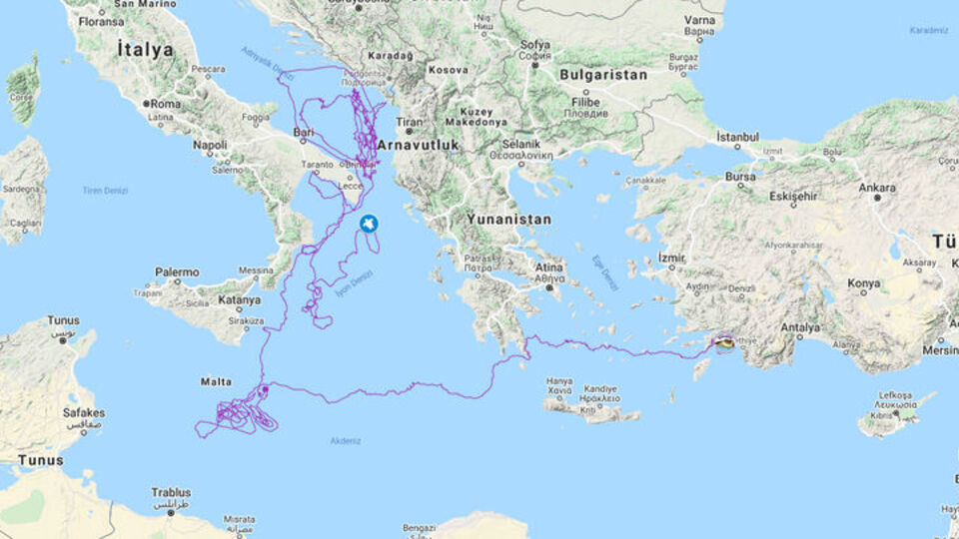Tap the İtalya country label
click(x=145, y=49)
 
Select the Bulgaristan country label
click(x=602, y=75)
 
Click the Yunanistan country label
click(x=508, y=219)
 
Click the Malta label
click(x=216, y=381)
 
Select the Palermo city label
click(x=177, y=271)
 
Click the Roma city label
click(x=166, y=103)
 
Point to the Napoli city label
click(x=210, y=145)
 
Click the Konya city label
click(x=863, y=282)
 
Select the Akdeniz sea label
click(x=346, y=440)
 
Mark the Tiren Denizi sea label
click(x=104, y=190)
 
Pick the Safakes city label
click(x=83, y=412)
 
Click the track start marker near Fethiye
click(x=724, y=343)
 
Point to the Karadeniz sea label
click(x=928, y=30)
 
